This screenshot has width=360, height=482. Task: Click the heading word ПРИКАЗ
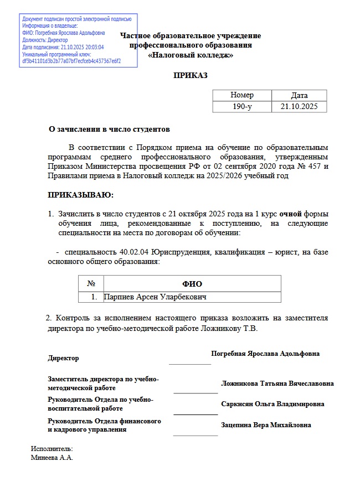click(x=191, y=75)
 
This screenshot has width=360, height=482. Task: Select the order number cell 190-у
click(x=242, y=106)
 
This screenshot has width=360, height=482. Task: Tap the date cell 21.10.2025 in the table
click(x=299, y=106)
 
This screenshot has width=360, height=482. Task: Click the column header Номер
click(x=242, y=95)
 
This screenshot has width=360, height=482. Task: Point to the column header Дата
click(x=299, y=95)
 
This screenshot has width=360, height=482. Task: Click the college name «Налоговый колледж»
click(x=191, y=55)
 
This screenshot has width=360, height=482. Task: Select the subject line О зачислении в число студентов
click(x=109, y=129)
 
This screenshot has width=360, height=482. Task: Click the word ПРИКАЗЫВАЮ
click(x=80, y=195)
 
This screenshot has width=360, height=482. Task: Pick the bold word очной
click(x=290, y=213)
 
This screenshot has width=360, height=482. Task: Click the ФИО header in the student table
click(x=192, y=283)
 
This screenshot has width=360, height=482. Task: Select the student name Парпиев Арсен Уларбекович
click(x=155, y=297)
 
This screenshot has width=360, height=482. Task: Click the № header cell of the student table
click(x=91, y=283)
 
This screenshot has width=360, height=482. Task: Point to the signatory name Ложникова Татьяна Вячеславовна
click(x=277, y=383)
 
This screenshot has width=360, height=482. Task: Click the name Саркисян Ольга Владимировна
click(x=272, y=404)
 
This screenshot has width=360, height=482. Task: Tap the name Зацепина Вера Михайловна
click(x=266, y=425)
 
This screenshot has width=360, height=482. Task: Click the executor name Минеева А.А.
click(x=53, y=458)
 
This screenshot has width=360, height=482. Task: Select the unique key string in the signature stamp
click(x=71, y=61)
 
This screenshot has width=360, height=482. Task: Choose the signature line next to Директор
click(x=190, y=364)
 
